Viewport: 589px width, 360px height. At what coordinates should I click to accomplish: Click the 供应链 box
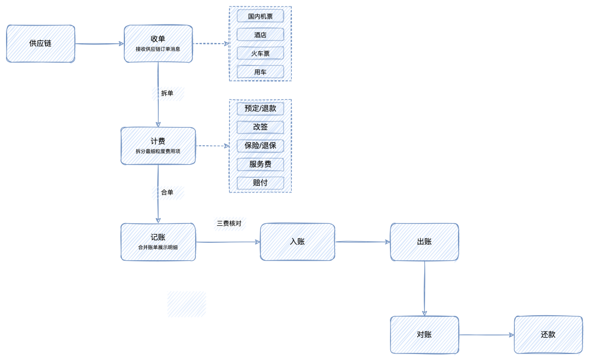(x=40, y=44)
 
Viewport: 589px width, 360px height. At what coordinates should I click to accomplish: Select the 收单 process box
(x=158, y=44)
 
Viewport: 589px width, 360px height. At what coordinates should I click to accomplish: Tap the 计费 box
(x=158, y=146)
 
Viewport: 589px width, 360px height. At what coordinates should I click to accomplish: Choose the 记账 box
(x=158, y=242)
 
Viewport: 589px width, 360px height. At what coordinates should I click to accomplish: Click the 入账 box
(x=297, y=242)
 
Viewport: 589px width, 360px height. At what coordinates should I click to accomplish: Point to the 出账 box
(x=424, y=242)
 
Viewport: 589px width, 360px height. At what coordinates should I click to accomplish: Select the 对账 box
(x=424, y=334)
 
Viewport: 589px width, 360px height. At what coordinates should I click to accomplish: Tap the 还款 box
(x=548, y=334)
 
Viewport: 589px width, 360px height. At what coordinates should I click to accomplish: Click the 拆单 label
(x=167, y=94)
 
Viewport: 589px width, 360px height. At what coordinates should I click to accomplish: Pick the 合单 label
(x=167, y=193)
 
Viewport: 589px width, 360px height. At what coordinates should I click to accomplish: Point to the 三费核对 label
(x=230, y=223)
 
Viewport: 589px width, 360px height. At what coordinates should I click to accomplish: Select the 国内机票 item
(x=260, y=16)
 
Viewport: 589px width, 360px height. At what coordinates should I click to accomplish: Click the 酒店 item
(x=260, y=34)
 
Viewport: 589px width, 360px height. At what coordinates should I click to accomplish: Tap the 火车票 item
(x=260, y=53)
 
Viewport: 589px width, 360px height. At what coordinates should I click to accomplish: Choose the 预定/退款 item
(x=260, y=109)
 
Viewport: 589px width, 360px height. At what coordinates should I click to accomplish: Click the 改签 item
(x=260, y=127)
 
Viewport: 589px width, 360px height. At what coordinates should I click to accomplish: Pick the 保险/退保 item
(x=260, y=146)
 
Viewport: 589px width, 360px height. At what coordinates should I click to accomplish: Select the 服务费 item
(x=260, y=164)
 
